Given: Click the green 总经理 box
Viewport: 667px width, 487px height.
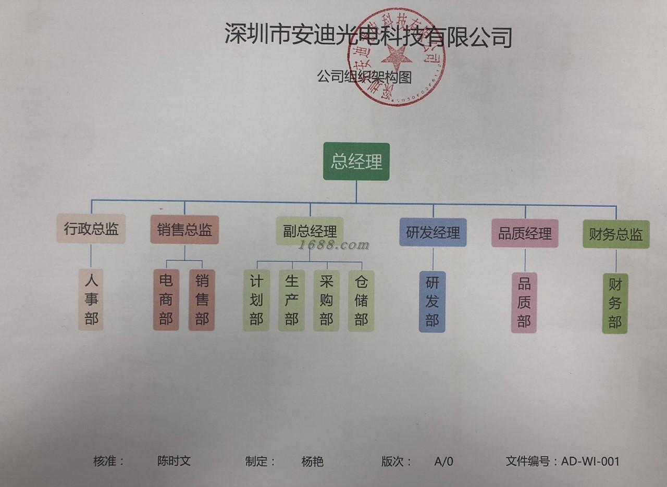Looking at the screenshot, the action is (356, 161).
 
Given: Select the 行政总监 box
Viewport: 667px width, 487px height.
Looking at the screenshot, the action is (91, 229).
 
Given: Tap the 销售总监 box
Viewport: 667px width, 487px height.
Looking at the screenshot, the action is (184, 230).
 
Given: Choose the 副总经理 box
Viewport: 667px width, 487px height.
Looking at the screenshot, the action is (310, 231).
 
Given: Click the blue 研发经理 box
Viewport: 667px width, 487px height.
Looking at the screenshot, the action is (433, 232).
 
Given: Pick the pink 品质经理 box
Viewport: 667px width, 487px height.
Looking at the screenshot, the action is (525, 233).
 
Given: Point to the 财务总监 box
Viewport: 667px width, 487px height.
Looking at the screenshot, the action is (616, 234).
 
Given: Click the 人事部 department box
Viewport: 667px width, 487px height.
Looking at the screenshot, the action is (91, 299).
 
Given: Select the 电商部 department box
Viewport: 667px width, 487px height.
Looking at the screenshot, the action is (166, 300).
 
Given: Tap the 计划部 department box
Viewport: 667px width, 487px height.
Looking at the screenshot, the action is (256, 301).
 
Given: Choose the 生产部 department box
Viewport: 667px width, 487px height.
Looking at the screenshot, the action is (291, 301).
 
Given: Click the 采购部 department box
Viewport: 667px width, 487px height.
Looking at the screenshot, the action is (326, 301).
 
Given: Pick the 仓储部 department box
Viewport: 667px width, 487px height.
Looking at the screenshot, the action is (361, 301).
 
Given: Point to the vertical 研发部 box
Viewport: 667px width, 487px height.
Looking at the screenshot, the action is (433, 302).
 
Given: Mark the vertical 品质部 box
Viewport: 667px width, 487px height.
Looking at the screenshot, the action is (524, 303).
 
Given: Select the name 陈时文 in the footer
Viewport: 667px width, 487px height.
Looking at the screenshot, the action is (174, 461).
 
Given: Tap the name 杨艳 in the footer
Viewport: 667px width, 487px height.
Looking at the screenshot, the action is (312, 461).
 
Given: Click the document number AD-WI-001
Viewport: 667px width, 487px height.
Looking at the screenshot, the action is (590, 461).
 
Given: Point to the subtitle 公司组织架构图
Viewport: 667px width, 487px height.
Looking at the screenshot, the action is (365, 77).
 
